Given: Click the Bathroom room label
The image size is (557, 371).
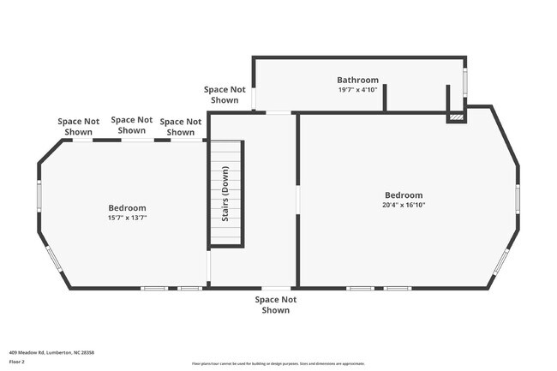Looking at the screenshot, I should [357, 80].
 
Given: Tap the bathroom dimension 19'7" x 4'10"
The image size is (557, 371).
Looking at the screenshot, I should [357, 89].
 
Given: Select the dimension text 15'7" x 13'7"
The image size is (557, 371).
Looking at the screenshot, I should [127, 218].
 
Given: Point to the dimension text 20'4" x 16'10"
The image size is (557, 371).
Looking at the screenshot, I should [403, 205].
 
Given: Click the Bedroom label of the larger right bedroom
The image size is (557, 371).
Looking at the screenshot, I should [403, 194].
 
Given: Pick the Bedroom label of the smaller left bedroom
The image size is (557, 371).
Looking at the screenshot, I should [127, 207].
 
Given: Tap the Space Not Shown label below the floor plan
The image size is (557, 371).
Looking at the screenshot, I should [275, 304].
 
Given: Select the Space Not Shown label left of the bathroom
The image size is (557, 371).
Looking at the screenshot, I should [225, 94].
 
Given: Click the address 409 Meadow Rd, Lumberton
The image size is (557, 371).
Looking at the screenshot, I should [51, 352].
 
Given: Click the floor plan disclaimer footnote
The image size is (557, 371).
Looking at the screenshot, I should [278, 364].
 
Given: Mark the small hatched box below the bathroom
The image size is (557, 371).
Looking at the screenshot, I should [456, 117].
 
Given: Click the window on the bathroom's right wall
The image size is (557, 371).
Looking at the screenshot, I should [466, 81].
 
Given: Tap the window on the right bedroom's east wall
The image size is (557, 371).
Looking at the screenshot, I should [518, 198].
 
